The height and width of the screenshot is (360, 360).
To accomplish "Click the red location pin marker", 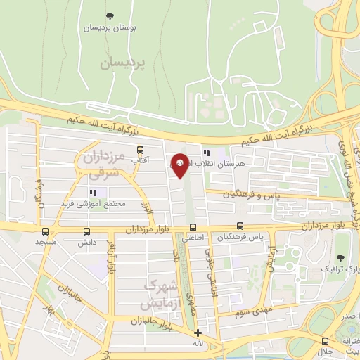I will point(179,165).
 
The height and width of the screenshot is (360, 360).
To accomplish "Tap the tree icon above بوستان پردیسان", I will point(108,16).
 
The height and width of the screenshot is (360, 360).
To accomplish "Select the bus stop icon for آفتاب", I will point(141,150).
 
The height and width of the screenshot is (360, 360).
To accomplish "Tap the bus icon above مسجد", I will point(46,231).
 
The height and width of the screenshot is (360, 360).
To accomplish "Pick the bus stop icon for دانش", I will point(87,231).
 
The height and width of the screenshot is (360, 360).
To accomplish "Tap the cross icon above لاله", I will point(198,333).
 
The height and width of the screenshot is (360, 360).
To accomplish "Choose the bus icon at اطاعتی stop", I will point(192,227).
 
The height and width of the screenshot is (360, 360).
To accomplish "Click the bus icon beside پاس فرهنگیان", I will point(240,226).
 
